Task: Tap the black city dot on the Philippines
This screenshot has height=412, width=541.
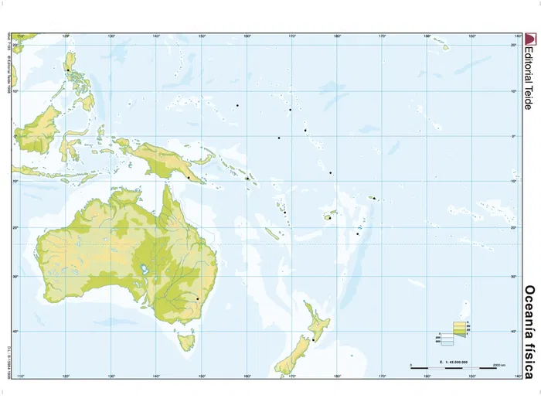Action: point(67,70)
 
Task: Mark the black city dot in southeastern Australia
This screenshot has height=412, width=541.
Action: point(197,298)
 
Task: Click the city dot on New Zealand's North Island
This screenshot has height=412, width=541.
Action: point(313,339)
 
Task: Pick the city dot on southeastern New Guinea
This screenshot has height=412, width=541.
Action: point(188,178)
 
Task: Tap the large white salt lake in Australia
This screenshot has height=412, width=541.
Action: point(144,271)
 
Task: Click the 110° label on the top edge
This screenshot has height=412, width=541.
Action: point(21,36)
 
